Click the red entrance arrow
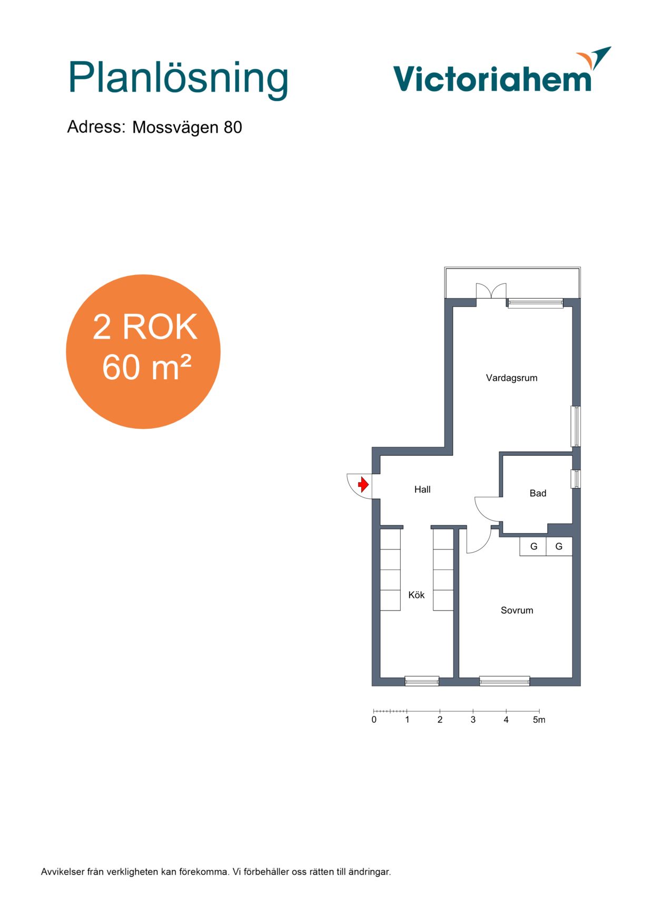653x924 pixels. [363, 484]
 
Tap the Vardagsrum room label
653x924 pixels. [511, 378]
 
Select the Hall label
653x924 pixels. [422, 489]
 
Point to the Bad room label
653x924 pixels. [538, 493]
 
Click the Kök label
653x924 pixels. [416, 595]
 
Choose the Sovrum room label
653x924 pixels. [517, 611]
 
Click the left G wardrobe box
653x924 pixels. [533, 546]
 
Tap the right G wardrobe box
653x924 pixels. [559, 546]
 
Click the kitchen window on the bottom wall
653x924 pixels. [422, 681]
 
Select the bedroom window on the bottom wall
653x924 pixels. [504, 681]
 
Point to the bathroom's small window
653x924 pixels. [576, 479]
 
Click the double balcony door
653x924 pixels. [491, 291]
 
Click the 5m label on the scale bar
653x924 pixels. [539, 720]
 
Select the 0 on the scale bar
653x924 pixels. [374, 720]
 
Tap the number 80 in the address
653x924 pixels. [233, 127]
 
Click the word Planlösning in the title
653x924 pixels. [178, 78]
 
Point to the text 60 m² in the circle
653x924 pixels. [146, 367]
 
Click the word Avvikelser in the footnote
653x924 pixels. [63, 872]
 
